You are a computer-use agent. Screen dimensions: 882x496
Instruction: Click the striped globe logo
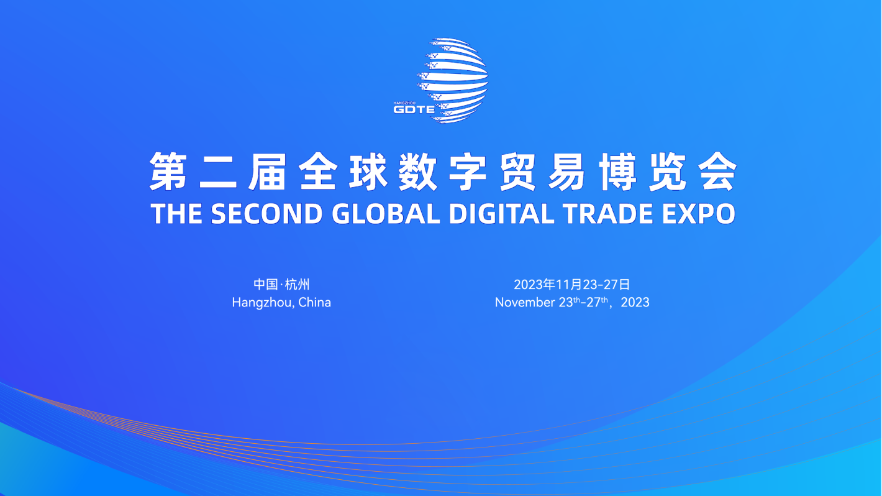point(453,80)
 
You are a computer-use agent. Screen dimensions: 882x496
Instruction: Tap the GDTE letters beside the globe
point(414,109)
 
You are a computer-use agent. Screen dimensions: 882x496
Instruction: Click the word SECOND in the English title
point(266,214)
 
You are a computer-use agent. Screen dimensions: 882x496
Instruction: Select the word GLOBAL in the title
point(386,214)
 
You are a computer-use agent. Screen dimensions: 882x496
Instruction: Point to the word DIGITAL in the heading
point(501,214)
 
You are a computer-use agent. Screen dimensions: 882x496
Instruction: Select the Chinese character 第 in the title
point(168,172)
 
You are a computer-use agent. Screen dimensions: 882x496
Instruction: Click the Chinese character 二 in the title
point(218,172)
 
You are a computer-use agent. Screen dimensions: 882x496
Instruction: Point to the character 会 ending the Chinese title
point(717,172)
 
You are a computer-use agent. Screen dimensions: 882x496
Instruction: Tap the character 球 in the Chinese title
point(368,172)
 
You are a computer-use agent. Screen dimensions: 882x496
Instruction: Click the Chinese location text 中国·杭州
point(281,284)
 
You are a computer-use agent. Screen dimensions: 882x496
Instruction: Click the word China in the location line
point(314,302)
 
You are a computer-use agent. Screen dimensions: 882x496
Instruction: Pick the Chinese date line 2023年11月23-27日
point(571,284)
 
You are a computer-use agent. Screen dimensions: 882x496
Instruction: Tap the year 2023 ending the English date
point(635,302)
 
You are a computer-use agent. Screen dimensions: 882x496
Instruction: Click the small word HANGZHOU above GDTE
point(404,103)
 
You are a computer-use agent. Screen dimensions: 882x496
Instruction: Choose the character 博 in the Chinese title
point(618,172)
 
